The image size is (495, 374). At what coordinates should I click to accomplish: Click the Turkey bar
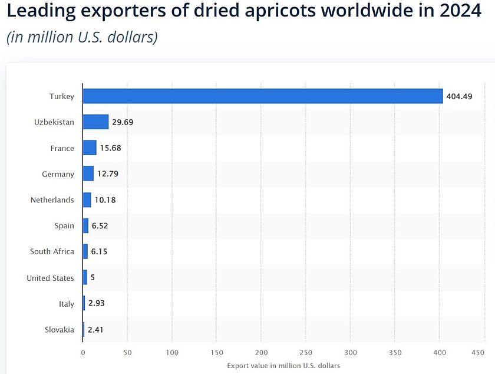point(262,96)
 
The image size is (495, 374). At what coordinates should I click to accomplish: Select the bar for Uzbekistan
point(95,122)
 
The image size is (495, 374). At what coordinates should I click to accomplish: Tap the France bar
point(90,148)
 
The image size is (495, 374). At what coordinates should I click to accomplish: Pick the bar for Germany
point(88,174)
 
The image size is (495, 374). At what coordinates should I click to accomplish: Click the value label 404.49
point(459,96)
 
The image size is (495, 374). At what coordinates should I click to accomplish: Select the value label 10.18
point(105,200)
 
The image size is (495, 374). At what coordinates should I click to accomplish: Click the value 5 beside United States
point(93,278)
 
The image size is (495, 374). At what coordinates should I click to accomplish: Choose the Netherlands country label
point(52,200)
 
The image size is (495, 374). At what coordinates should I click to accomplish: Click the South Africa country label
point(52,251)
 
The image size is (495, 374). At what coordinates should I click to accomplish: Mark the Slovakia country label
point(60,330)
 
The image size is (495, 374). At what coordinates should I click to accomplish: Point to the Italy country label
point(67,304)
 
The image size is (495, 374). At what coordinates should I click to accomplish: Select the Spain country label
point(64,225)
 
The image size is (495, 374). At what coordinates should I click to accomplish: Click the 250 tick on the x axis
point(306,353)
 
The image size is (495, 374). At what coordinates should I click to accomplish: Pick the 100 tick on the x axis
point(172,353)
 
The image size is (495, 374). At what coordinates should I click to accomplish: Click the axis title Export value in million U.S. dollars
point(283,366)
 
